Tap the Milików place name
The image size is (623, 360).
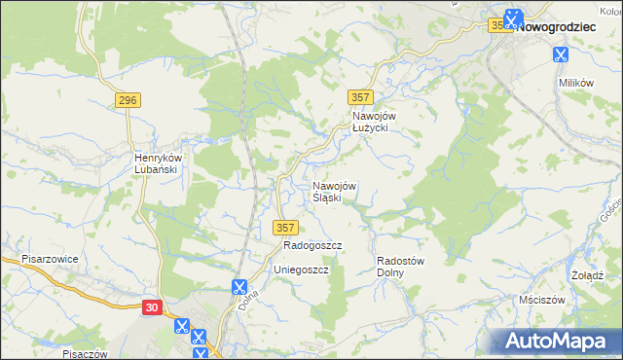pos(575,83)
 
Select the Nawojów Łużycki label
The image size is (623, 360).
pos(370,122)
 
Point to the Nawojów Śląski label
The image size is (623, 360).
pos(335,192)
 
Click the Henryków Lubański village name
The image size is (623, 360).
pos(155,162)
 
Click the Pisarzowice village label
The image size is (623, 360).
pos(50,260)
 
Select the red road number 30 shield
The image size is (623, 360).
pos(151,306)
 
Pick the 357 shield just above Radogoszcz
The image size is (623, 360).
pos(284,227)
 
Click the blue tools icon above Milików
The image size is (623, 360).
pos(561,55)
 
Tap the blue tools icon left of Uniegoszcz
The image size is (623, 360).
pos(238,287)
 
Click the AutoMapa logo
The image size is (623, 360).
pos(556,341)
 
